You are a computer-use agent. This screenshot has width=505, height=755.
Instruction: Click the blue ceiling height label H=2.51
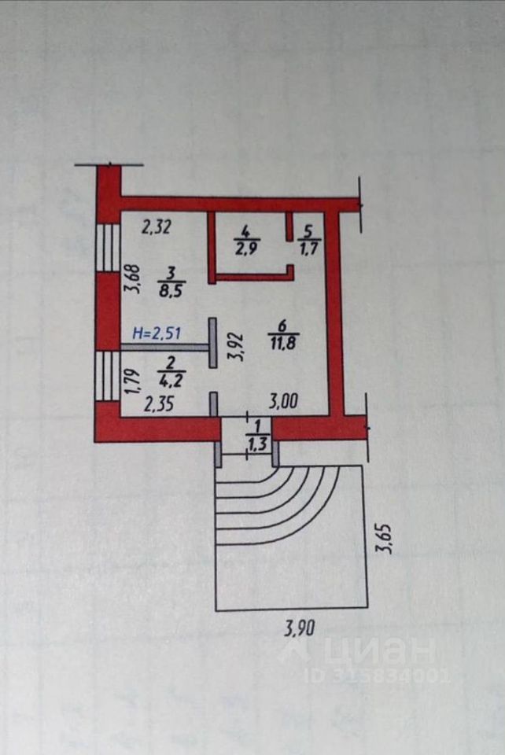point(157,333)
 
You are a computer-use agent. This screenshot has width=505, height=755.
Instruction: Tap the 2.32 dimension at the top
point(157,229)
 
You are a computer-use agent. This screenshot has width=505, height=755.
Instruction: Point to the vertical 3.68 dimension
point(133,279)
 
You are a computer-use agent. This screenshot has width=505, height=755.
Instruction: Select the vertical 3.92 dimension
point(234,345)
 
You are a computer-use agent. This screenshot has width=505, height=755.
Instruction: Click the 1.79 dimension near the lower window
point(133,382)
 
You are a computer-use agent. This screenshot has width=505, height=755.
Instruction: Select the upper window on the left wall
point(107,246)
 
